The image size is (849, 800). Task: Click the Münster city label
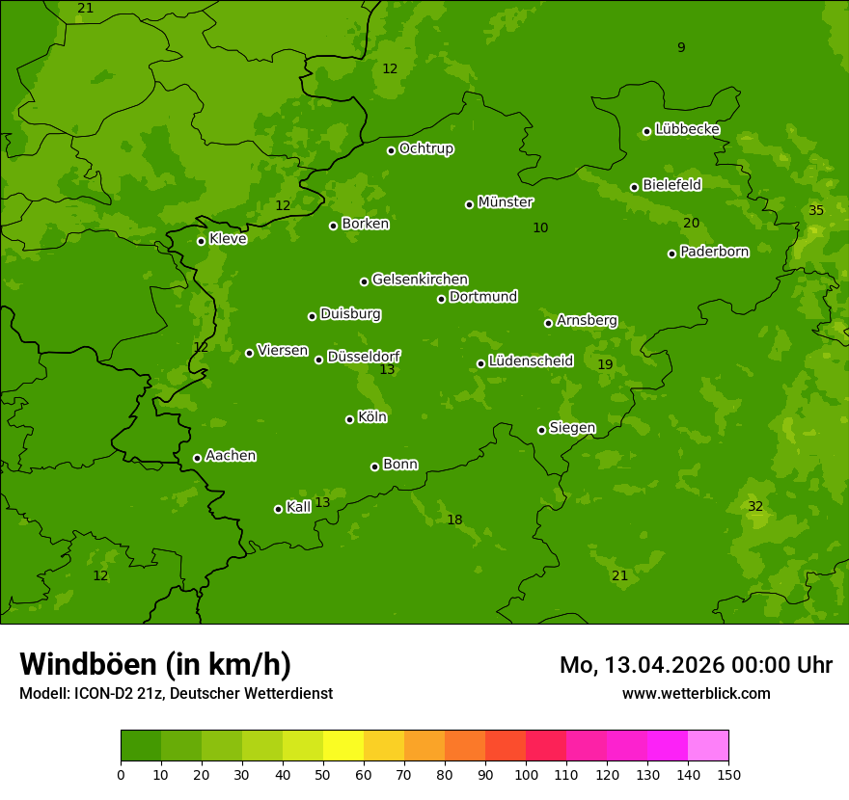(505, 202)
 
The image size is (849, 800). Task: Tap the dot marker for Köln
(349, 419)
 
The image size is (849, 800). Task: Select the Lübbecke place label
(687, 129)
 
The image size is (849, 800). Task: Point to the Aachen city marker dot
(197, 458)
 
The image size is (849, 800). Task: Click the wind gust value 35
(816, 211)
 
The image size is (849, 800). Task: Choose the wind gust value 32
(755, 507)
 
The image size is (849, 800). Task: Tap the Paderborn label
(714, 252)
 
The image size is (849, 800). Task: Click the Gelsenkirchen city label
(420, 280)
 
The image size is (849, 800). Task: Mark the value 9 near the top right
(681, 47)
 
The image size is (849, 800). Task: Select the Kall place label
(299, 507)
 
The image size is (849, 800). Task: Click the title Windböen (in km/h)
(155, 664)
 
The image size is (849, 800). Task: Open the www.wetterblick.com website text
(696, 693)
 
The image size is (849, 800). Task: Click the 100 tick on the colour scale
(526, 774)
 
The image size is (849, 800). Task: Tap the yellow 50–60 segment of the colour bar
(343, 745)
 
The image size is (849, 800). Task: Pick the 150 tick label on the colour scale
(727, 774)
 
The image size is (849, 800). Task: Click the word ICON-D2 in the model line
(106, 693)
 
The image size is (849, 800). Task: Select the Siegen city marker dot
(541, 430)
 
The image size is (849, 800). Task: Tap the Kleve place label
(228, 238)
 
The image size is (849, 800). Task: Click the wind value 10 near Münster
(540, 228)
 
